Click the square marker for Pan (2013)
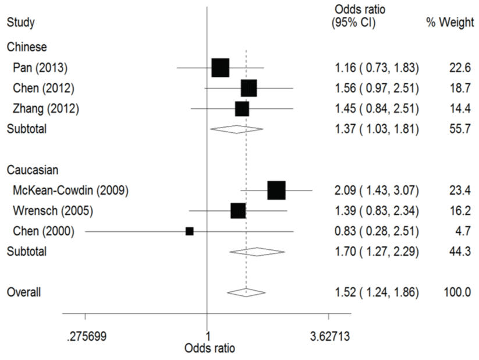tap(221, 68)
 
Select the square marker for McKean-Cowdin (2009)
tap(276, 190)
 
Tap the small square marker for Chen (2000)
tap(190, 231)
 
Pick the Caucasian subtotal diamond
tap(257, 252)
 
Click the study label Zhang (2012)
tap(45, 108)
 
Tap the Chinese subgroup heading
tap(27, 46)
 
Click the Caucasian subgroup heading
tap(32, 170)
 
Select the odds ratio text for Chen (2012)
tap(377, 88)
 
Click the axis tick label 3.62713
tap(329, 336)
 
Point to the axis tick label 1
tap(208, 336)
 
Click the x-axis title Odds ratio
tap(210, 348)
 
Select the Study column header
tap(20, 23)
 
